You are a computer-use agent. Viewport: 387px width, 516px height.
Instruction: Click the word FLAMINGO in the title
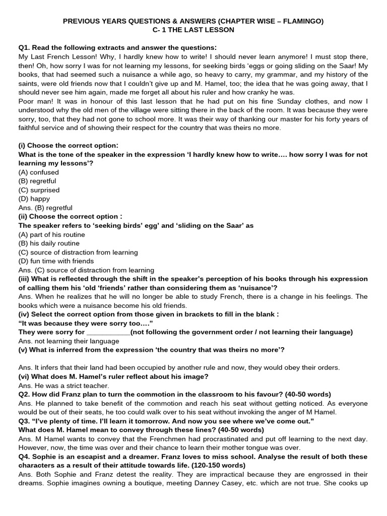(x=302, y=21)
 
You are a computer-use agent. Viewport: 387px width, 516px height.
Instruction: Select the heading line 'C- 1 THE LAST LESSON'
(x=193, y=30)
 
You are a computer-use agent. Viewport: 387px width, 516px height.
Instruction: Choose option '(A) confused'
(x=38, y=172)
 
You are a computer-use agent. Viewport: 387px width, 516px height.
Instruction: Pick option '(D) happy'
(x=34, y=199)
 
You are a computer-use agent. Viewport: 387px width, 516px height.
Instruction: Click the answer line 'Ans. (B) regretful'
(x=45, y=208)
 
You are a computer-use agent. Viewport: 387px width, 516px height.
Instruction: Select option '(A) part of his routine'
(x=51, y=234)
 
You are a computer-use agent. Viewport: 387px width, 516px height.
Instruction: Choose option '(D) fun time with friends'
(x=56, y=261)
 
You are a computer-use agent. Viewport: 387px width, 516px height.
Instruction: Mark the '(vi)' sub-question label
(x=25, y=376)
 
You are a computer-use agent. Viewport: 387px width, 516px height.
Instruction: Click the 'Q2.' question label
(x=24, y=394)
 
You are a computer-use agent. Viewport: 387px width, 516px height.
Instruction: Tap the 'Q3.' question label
(x=24, y=421)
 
